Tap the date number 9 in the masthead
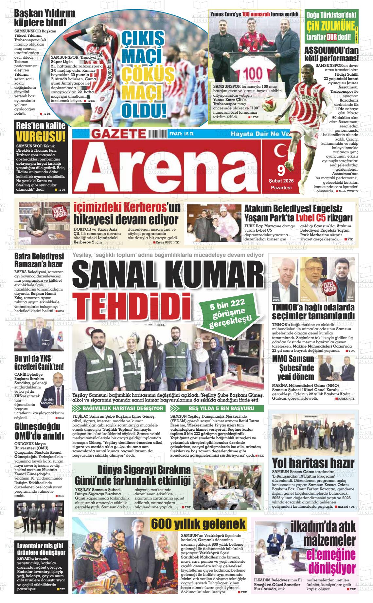(281, 170)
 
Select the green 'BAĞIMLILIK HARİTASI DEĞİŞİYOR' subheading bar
(119, 408)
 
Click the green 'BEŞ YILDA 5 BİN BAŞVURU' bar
(217, 408)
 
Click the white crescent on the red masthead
(280, 152)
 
